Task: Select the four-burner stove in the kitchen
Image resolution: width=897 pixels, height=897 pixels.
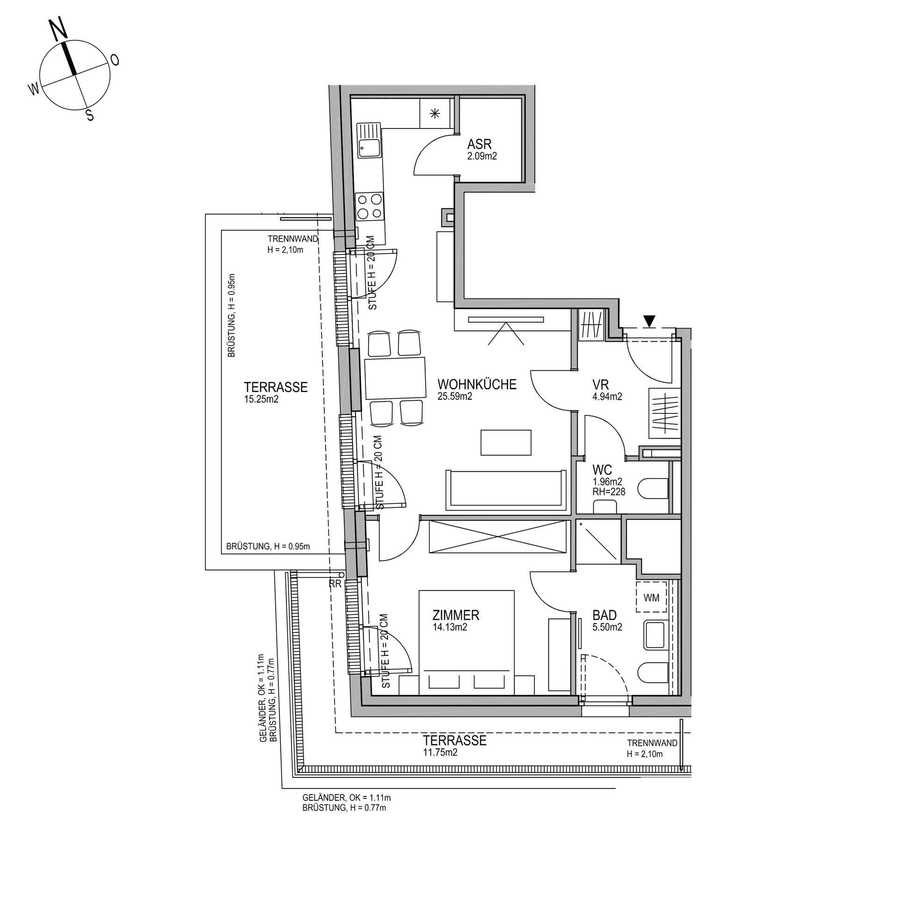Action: tap(370, 207)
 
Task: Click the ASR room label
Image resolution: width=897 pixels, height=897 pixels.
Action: tap(479, 144)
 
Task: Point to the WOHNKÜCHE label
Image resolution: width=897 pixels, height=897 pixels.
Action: tap(477, 384)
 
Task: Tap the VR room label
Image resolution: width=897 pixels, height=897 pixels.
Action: tap(600, 384)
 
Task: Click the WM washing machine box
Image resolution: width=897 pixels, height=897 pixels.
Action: tap(651, 598)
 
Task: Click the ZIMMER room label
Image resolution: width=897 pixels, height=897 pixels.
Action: tap(456, 615)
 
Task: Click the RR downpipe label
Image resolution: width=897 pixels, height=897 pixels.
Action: tap(335, 584)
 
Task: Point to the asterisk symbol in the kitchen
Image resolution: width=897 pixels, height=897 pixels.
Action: tap(434, 113)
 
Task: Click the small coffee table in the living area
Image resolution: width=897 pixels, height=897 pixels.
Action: tap(506, 442)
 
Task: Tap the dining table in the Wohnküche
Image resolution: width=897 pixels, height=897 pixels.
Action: tap(395, 378)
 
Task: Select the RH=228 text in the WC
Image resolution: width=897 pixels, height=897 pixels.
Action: tap(609, 491)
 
